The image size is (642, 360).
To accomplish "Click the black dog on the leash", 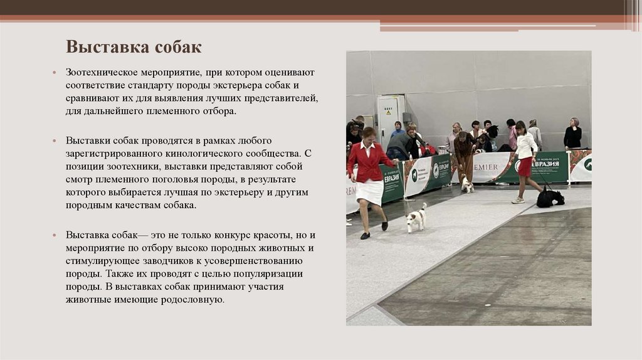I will (x=550, y=198).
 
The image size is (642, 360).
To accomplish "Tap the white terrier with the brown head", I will (x=415, y=218).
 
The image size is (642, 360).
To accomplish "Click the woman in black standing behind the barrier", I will (x=572, y=135).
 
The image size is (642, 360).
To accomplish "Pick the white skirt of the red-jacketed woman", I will (x=369, y=192).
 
